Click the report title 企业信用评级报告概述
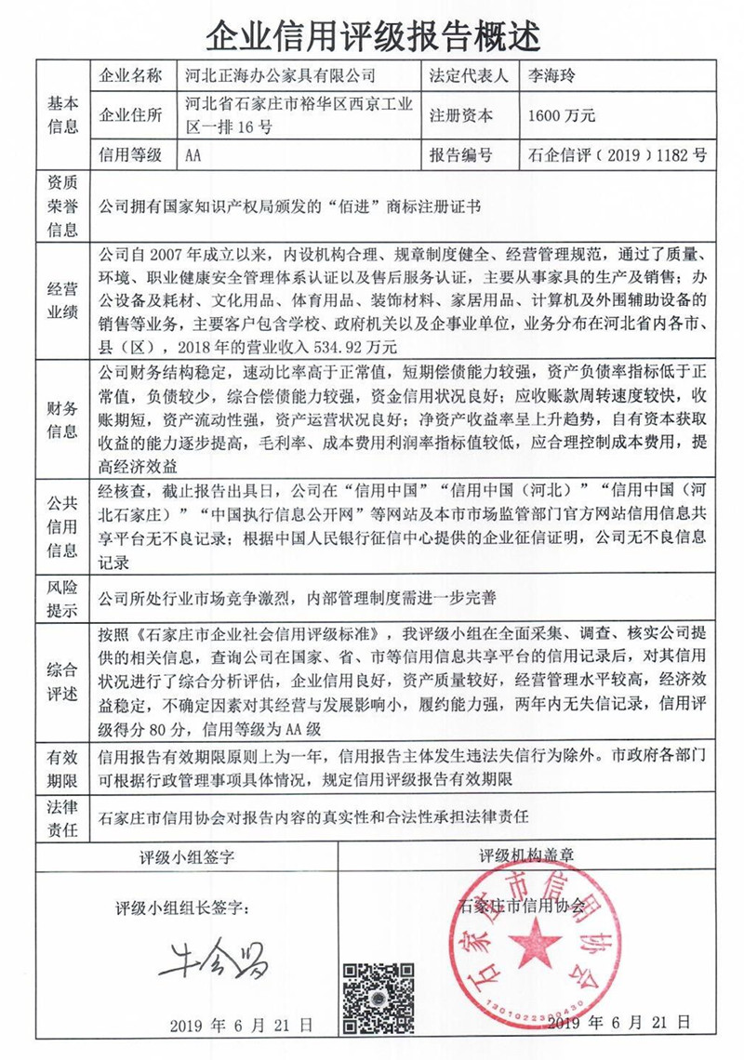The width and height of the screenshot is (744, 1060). pos(372,35)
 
